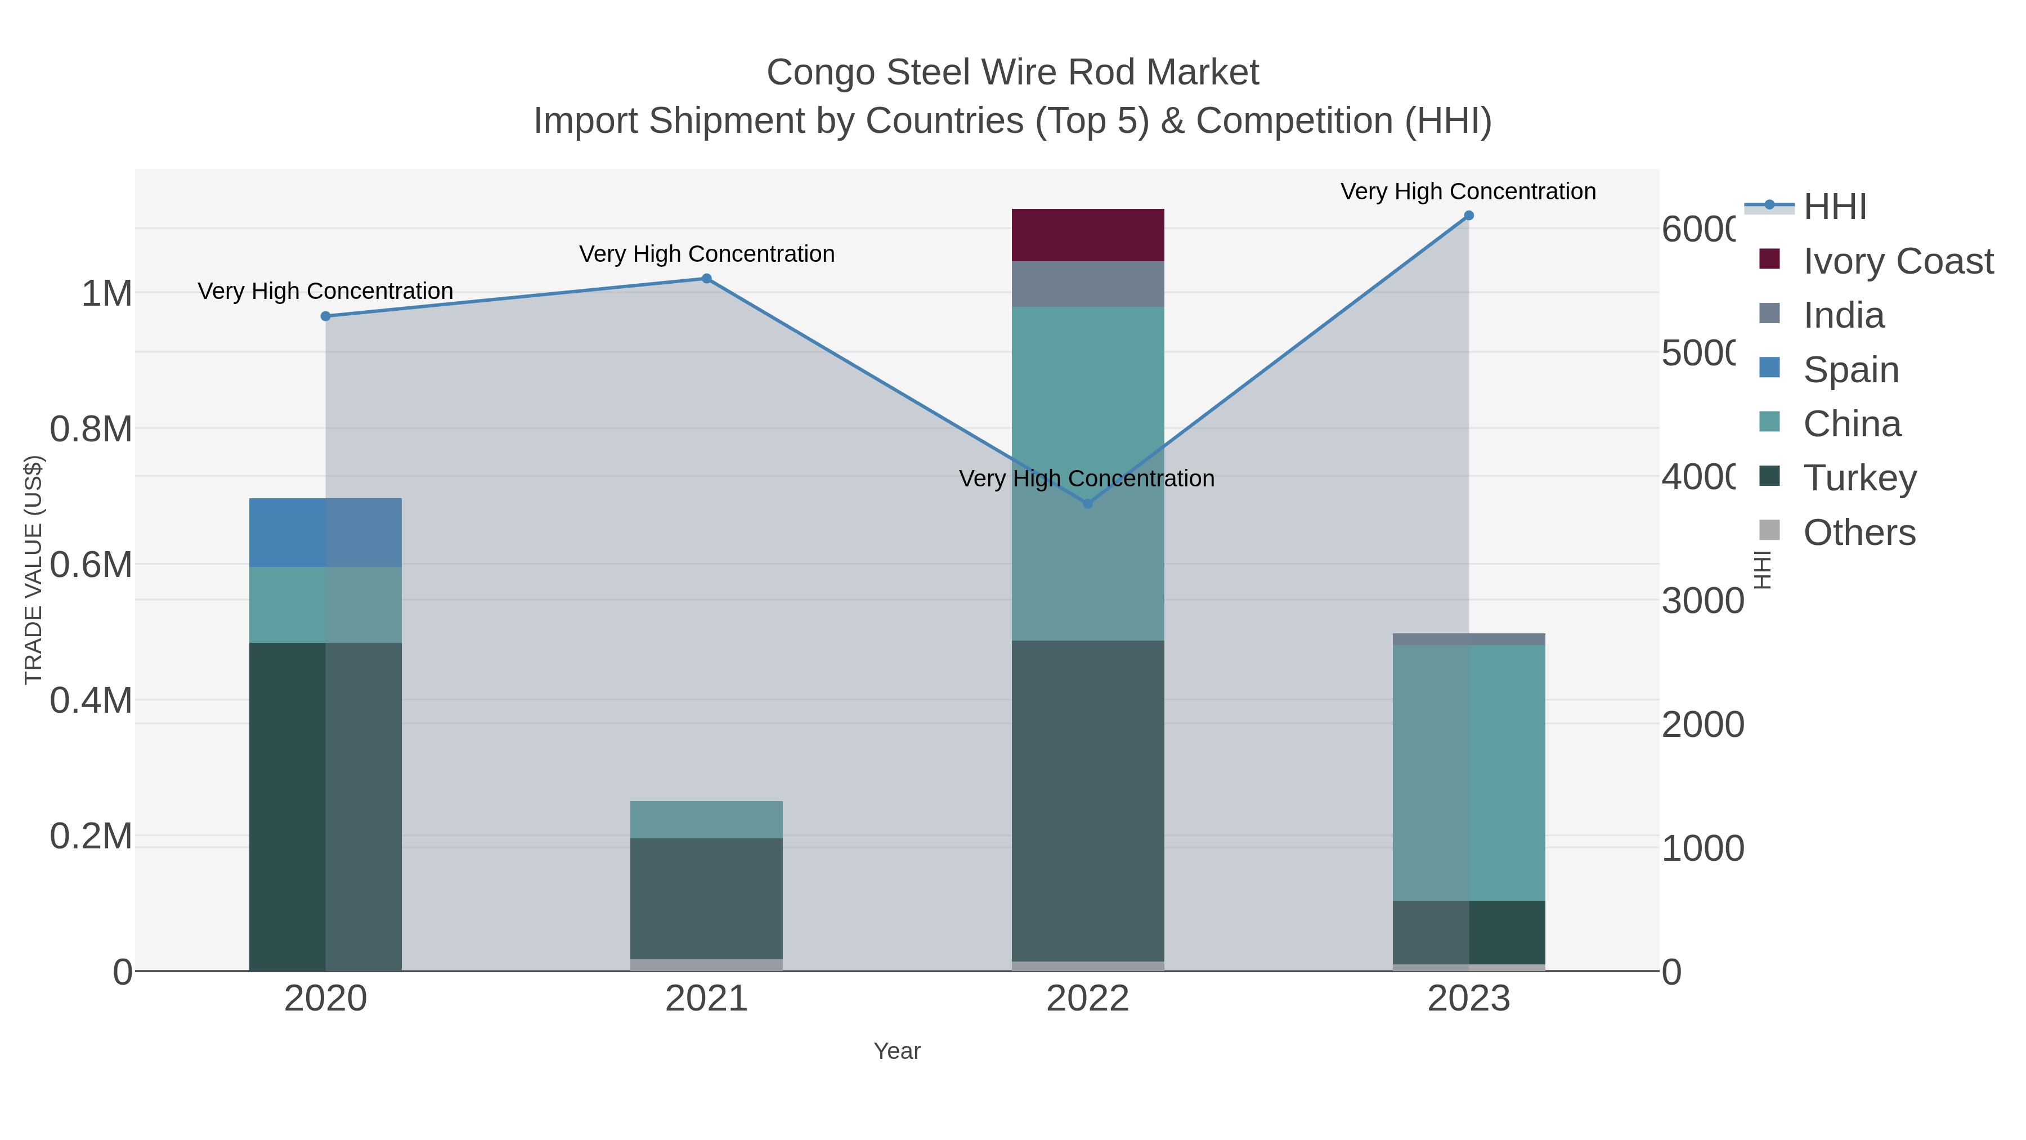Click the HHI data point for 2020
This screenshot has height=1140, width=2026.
coord(326,316)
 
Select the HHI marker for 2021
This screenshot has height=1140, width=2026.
coord(706,279)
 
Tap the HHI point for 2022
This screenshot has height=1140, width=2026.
coord(1088,503)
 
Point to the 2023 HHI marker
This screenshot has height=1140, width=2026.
coord(1468,216)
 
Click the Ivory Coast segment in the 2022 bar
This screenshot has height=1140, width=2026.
coord(1088,234)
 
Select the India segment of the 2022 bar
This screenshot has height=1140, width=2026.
coord(1088,284)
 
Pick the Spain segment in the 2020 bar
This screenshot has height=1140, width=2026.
coord(326,533)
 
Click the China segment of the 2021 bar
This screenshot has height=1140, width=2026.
coord(706,819)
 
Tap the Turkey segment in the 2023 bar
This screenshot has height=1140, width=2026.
coord(1468,932)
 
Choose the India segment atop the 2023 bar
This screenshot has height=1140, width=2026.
coord(1468,639)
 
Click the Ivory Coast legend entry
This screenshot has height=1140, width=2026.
coord(1898,261)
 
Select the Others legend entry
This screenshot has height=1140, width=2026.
coord(1859,533)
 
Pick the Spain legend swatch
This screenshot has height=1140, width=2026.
coord(1769,368)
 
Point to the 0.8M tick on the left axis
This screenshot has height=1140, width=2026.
coord(91,430)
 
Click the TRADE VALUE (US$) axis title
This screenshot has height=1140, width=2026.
coord(34,570)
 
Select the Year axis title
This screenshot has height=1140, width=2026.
coord(897,1051)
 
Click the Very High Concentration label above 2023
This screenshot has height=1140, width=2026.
coord(1468,192)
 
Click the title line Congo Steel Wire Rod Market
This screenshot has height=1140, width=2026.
coord(1012,73)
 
